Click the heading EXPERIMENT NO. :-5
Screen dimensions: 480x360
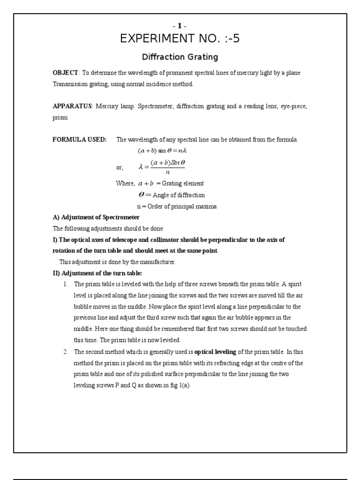(180, 39)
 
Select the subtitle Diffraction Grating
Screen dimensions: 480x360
(180, 57)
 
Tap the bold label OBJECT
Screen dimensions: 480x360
(66, 73)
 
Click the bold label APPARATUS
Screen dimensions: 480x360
(72, 106)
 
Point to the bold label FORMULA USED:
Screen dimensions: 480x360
(80, 140)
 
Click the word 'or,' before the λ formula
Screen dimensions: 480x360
(120, 168)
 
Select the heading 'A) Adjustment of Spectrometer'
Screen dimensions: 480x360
(96, 217)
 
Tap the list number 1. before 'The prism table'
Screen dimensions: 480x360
(66, 285)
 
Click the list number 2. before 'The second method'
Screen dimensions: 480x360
(66, 352)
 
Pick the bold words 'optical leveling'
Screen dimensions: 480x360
(215, 352)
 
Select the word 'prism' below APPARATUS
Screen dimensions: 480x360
(60, 118)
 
